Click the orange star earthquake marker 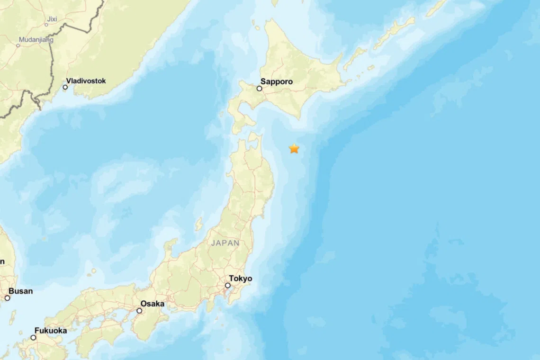coord(294,149)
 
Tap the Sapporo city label coord(277,81)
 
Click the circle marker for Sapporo coord(260,89)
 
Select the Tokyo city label coord(241,279)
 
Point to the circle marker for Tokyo coord(228,286)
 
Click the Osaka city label coord(153,304)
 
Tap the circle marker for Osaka coord(139,311)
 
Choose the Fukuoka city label coord(51,331)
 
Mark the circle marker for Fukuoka coord(33,338)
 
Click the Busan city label coord(21,291)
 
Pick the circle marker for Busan coord(7,298)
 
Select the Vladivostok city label coord(86,81)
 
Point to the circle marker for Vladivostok coord(65,87)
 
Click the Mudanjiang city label coord(36,40)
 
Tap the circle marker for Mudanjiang coord(18,45)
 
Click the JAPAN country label coord(225,243)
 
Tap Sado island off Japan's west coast coord(199,224)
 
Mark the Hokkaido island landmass coord(294,71)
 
